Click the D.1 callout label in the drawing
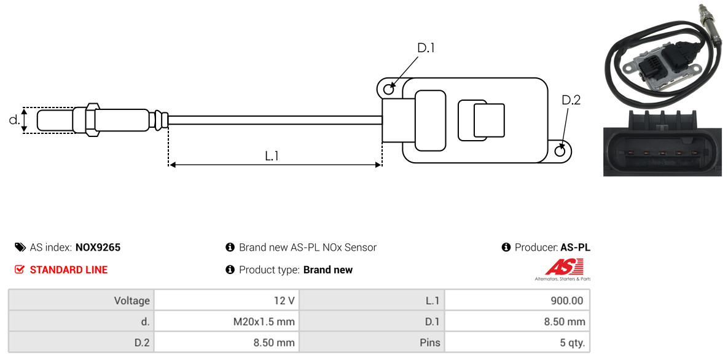(x=426, y=48)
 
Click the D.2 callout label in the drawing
(x=571, y=100)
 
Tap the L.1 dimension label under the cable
(x=272, y=156)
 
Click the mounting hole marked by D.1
(x=389, y=90)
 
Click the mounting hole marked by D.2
(x=560, y=151)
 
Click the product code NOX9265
(x=98, y=248)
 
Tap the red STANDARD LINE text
(x=68, y=270)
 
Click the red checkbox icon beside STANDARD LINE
(x=20, y=270)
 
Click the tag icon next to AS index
(x=20, y=248)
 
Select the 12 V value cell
(x=225, y=301)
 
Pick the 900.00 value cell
(x=517, y=301)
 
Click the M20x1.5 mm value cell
(x=225, y=322)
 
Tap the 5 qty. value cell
(x=517, y=342)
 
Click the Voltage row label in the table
(x=81, y=301)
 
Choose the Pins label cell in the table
(x=372, y=342)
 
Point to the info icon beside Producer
(x=506, y=248)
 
